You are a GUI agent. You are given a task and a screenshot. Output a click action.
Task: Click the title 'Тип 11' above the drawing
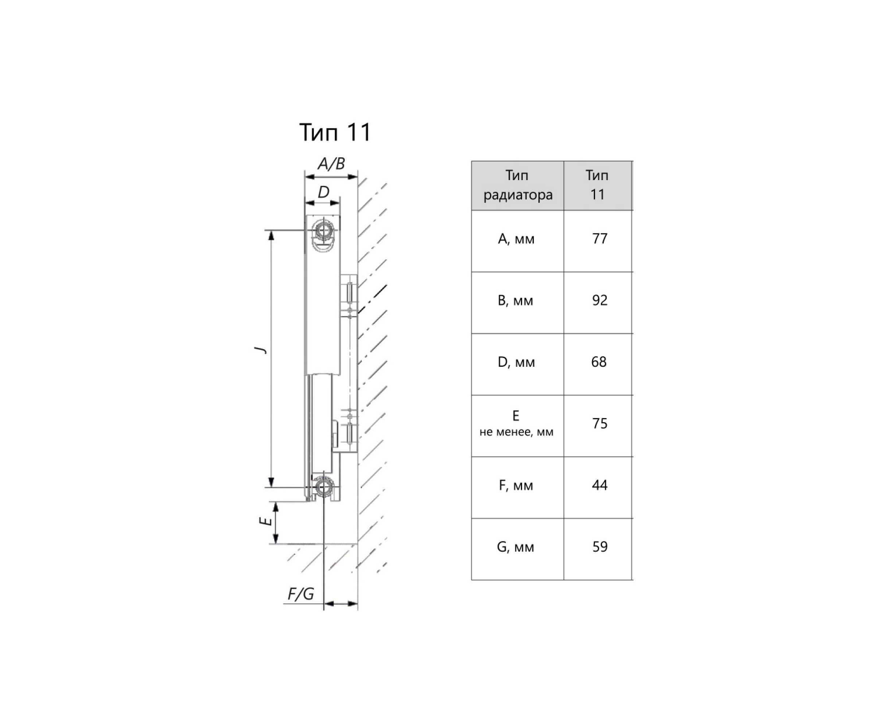point(335,132)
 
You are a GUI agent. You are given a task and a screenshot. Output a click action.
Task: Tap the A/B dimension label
point(331,164)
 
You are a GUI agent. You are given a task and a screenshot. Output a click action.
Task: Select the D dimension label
point(323,192)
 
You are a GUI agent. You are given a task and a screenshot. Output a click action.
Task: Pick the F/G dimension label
point(301,594)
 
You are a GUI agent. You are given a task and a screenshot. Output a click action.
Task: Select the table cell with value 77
point(599,239)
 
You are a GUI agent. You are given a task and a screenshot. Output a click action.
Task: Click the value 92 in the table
point(599,300)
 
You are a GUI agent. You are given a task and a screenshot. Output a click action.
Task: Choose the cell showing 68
point(599,362)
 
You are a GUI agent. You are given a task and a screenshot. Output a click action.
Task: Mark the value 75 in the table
point(599,424)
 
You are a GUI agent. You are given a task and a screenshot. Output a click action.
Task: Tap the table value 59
point(599,547)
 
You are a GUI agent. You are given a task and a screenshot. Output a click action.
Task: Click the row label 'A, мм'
point(516,239)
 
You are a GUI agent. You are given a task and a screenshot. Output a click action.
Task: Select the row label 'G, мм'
point(516,547)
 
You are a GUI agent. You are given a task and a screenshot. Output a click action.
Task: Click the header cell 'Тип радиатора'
point(517,185)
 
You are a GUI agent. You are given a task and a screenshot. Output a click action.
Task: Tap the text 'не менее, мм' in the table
point(516,432)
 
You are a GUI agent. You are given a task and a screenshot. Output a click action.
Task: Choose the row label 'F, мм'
point(516,486)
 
